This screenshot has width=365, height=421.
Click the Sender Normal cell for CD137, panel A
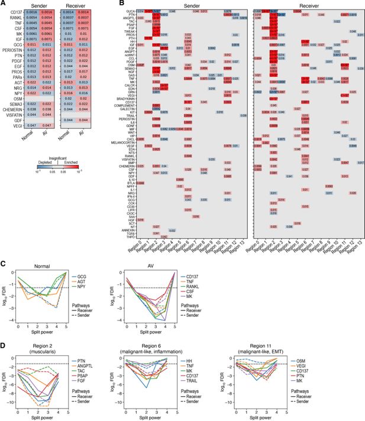33,11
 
